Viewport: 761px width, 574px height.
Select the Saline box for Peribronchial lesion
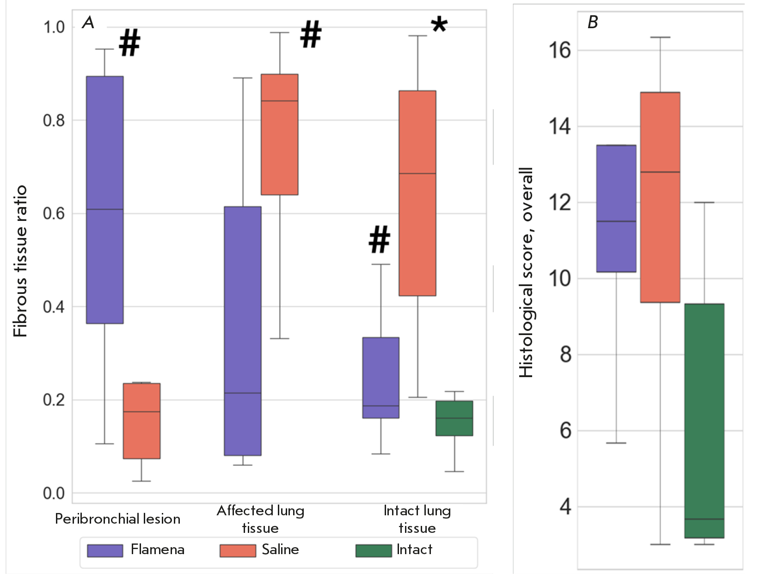click(x=141, y=421)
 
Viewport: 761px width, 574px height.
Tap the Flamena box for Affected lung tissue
click(x=243, y=331)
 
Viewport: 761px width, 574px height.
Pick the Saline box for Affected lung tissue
click(x=279, y=134)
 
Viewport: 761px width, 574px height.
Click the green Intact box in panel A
click(x=454, y=418)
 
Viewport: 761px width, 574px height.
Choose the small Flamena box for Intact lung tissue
click(x=380, y=378)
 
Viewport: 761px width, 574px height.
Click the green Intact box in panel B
click(x=704, y=421)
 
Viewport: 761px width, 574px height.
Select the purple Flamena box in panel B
click(x=616, y=208)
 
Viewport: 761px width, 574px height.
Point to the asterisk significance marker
click(x=439, y=24)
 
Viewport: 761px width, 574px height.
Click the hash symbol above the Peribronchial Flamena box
click(x=129, y=43)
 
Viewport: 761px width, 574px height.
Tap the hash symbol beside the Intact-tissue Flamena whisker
click(x=380, y=240)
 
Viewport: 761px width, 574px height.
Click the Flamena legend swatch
click(x=105, y=550)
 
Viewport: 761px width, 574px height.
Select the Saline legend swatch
click(x=238, y=550)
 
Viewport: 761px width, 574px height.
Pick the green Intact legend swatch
click(x=373, y=550)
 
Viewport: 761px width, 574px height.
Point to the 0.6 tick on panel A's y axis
click(x=54, y=214)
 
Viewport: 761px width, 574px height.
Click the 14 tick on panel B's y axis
click(x=559, y=126)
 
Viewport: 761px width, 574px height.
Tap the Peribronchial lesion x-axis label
click(x=117, y=519)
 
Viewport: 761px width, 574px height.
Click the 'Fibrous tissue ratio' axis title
click(x=20, y=261)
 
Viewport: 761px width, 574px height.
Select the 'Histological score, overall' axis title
click(x=526, y=273)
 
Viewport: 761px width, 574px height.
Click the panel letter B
click(x=592, y=22)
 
